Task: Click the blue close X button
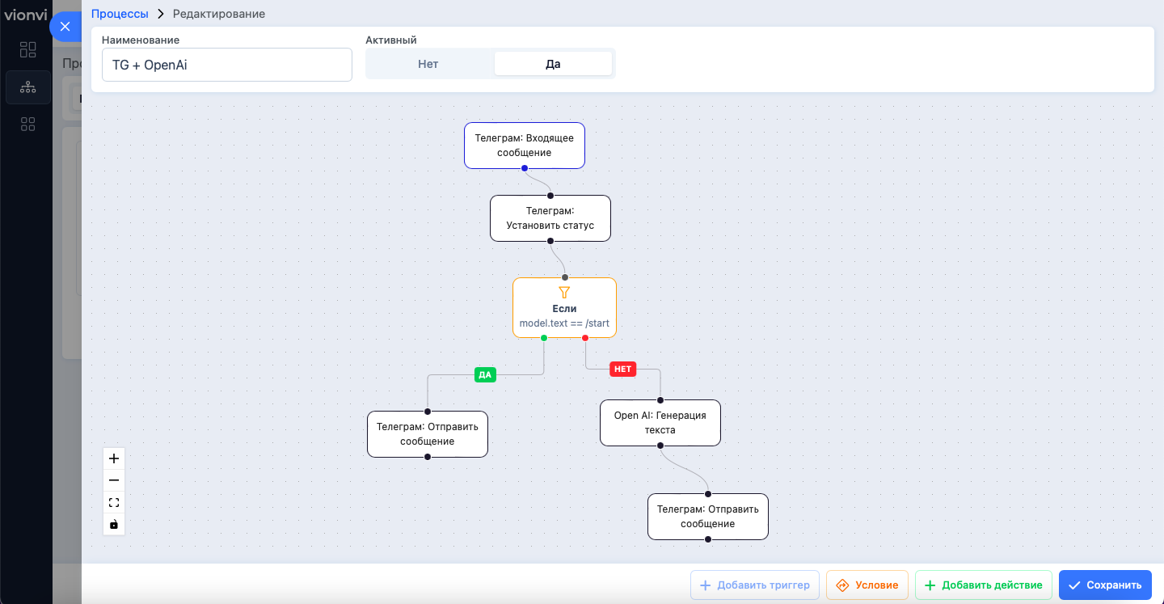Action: (65, 27)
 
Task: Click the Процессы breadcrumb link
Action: (120, 14)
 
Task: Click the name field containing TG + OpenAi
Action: (227, 65)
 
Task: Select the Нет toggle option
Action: (428, 64)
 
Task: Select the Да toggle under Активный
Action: (553, 64)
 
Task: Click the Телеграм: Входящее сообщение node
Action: (525, 146)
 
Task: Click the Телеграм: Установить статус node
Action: (550, 218)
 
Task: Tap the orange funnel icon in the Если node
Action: (564, 293)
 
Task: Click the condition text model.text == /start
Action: (564, 323)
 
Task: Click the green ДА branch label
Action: (485, 375)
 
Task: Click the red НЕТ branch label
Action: (622, 369)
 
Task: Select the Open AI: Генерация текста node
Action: (660, 423)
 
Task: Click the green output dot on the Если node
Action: (544, 338)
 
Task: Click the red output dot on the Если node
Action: (585, 338)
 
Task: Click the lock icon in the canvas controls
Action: (114, 524)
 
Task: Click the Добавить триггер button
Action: (754, 585)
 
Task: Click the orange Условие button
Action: (867, 585)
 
